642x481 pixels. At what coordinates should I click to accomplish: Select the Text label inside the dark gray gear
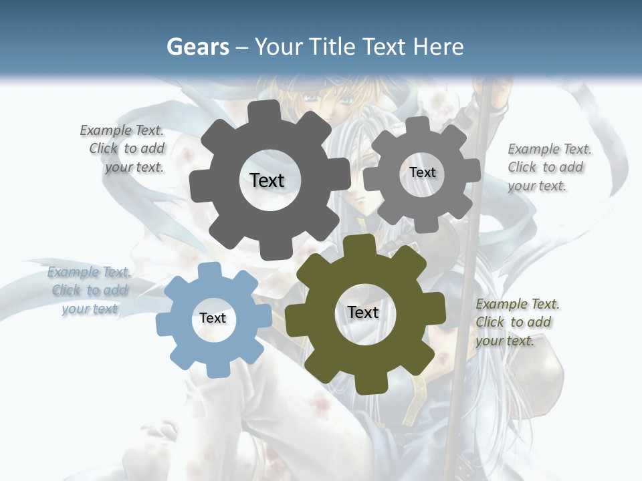(x=267, y=180)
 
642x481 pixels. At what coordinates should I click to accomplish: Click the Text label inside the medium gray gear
(x=422, y=172)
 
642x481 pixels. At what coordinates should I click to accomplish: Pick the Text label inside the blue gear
(x=213, y=318)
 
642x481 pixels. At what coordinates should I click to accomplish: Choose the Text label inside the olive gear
(x=363, y=312)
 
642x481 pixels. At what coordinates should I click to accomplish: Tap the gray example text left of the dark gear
(x=124, y=149)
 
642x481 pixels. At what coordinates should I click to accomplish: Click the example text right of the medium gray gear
(x=548, y=167)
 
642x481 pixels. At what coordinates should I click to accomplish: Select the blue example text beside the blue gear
(x=89, y=291)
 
